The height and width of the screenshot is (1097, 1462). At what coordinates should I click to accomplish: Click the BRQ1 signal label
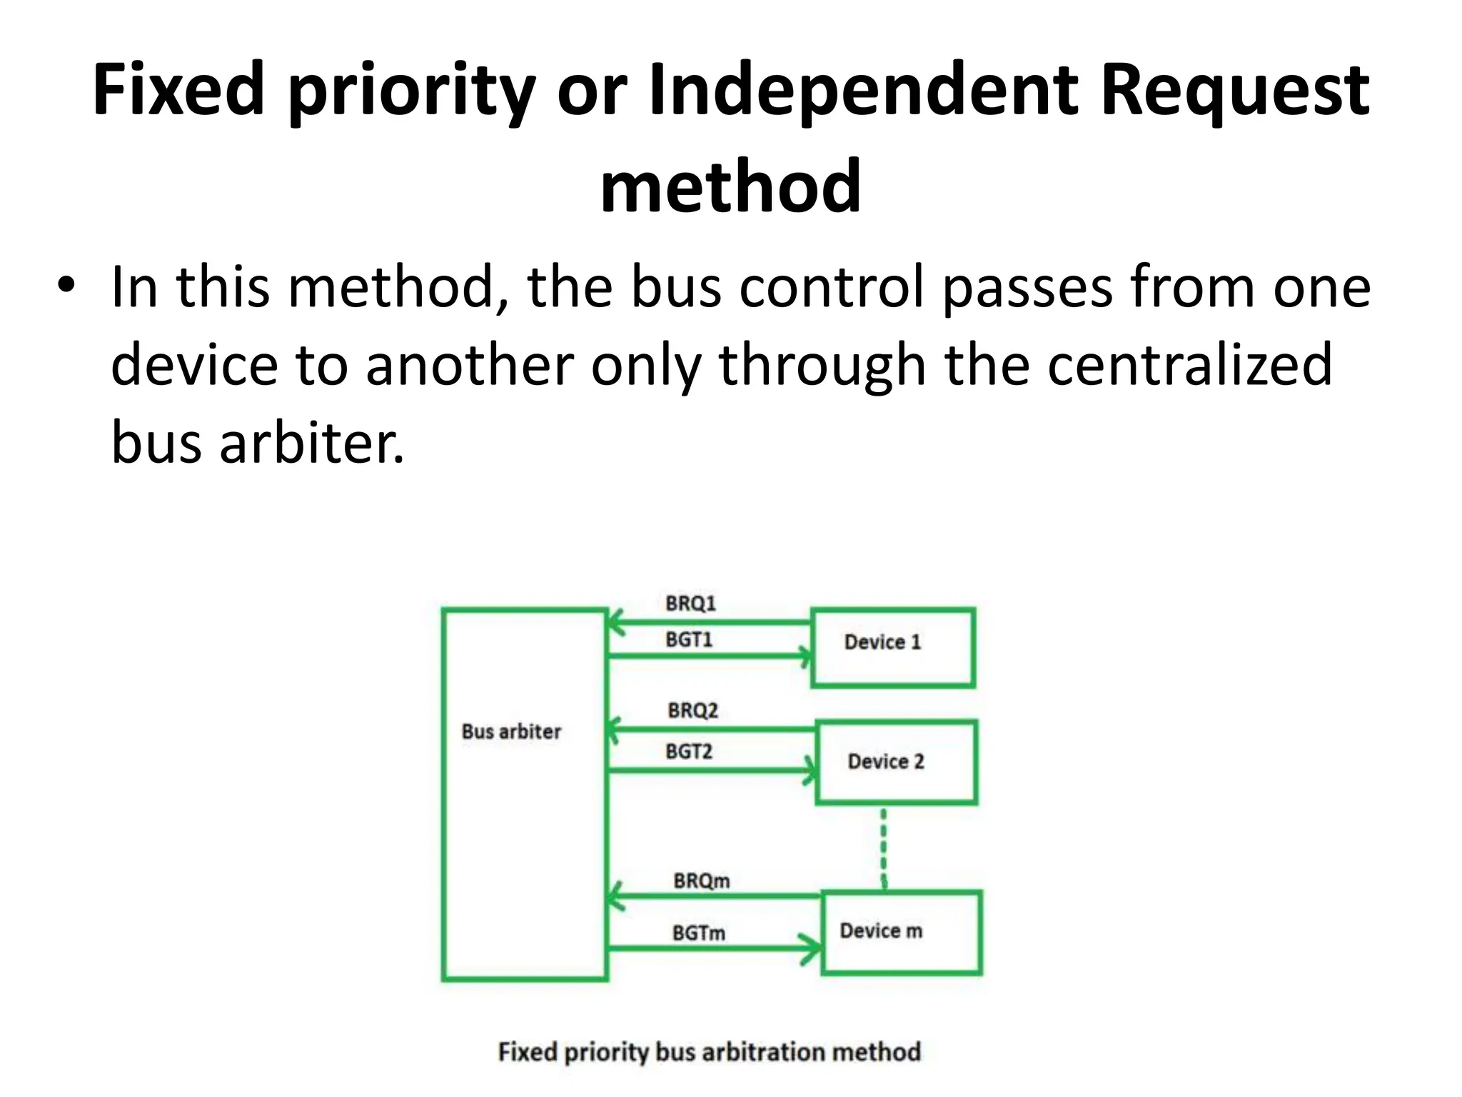(x=690, y=603)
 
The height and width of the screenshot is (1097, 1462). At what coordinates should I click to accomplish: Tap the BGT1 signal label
(x=689, y=639)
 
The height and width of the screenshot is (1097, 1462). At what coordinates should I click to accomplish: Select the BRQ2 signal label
(x=692, y=711)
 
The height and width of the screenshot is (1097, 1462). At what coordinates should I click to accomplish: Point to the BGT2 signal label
(x=689, y=751)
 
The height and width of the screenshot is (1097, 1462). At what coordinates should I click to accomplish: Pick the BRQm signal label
(x=701, y=881)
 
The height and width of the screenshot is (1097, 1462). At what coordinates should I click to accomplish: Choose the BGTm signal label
(x=698, y=933)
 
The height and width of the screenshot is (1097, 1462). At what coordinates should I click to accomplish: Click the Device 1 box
(x=892, y=648)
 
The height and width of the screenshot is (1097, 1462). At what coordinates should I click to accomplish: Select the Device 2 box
(x=896, y=762)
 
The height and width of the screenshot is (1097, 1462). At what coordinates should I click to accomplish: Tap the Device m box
(x=901, y=932)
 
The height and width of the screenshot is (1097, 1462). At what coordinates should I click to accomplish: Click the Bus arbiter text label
(x=511, y=731)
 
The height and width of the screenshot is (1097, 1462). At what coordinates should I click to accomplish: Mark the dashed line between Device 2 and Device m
(x=884, y=848)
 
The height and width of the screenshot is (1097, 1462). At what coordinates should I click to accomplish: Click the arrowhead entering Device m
(x=812, y=948)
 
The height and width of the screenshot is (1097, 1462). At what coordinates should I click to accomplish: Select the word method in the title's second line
(x=730, y=186)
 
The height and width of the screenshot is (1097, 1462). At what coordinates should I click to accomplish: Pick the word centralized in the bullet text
(x=1189, y=364)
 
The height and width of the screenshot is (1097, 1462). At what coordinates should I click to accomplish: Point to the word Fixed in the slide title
(x=178, y=91)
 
